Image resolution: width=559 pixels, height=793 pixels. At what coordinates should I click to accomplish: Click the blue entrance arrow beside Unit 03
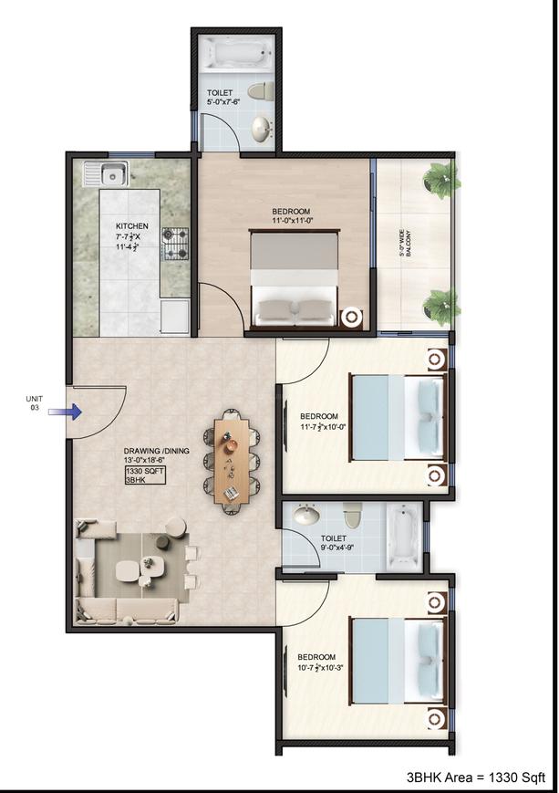pos(72,412)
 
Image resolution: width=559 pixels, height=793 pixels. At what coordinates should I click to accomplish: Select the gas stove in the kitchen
pos(175,244)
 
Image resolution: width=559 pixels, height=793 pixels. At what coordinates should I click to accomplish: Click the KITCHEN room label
pos(131,226)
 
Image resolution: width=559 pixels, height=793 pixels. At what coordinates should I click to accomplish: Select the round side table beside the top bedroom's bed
pos(351,318)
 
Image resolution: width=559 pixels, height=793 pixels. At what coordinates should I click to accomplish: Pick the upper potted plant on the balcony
pos(440,175)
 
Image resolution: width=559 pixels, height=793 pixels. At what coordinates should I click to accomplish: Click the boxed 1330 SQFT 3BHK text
pos(144,475)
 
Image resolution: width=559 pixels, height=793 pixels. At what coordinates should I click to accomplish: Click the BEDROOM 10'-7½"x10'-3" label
pos(317,662)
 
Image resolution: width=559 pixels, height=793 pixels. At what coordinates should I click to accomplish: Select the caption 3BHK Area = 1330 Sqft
pos(476,777)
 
